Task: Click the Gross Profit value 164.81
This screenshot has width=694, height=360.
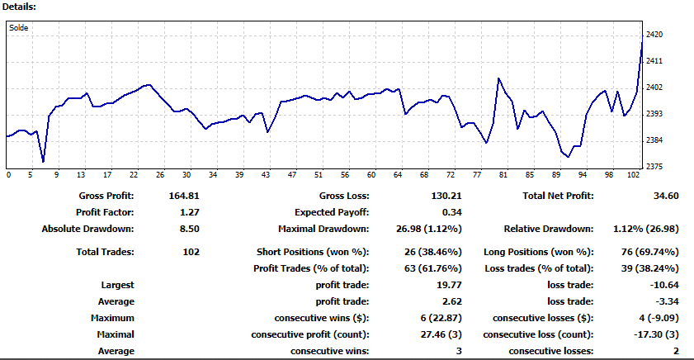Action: [x=184, y=196]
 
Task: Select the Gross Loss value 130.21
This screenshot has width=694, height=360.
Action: [x=446, y=196]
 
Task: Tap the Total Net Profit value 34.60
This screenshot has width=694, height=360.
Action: [x=666, y=196]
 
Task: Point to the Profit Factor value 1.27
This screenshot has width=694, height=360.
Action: [x=190, y=212]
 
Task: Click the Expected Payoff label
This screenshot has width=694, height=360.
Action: [x=332, y=212]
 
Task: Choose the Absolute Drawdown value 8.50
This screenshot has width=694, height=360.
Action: [x=190, y=229]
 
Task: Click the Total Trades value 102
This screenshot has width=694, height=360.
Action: [x=191, y=252]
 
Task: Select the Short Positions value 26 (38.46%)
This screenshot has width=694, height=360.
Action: [x=433, y=252]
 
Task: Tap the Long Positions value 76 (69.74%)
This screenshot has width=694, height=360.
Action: [x=650, y=252]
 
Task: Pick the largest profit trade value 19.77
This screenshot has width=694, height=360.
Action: [x=449, y=285]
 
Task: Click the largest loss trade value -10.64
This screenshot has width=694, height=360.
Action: [x=664, y=285]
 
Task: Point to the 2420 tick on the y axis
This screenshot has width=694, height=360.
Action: [x=654, y=35]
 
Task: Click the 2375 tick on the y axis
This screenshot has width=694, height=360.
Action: [x=654, y=167]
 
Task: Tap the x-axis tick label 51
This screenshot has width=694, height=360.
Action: [x=319, y=175]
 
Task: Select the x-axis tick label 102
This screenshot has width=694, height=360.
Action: [x=634, y=175]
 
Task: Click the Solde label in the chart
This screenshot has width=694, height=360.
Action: [x=19, y=28]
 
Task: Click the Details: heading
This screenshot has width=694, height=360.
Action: [x=19, y=7]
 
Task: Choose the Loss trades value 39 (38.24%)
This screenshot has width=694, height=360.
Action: [x=650, y=268]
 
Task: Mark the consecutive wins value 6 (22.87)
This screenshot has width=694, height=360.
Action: [x=441, y=318]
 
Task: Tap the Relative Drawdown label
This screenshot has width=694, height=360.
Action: [x=549, y=229]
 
